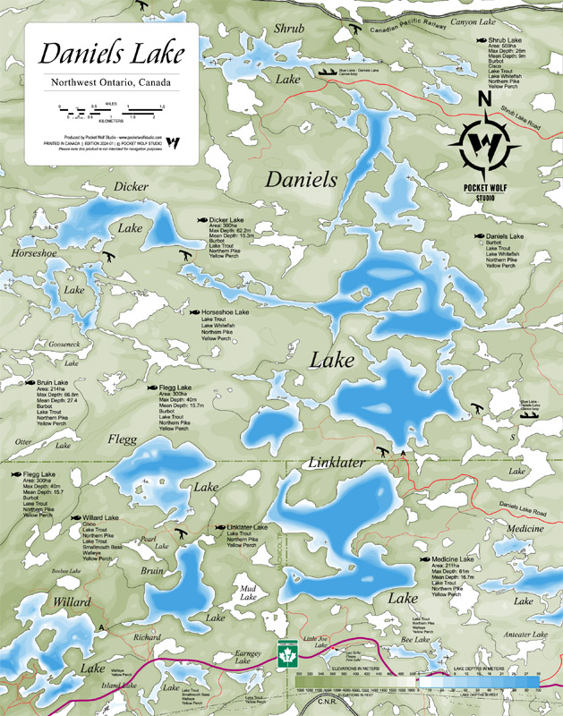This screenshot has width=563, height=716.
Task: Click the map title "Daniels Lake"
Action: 112,55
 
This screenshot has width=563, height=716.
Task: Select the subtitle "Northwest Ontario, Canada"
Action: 111,85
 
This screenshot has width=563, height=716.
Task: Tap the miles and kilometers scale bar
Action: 112,112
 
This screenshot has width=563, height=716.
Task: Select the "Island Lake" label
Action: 119,686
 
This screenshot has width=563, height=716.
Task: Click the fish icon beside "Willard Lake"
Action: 76,518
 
